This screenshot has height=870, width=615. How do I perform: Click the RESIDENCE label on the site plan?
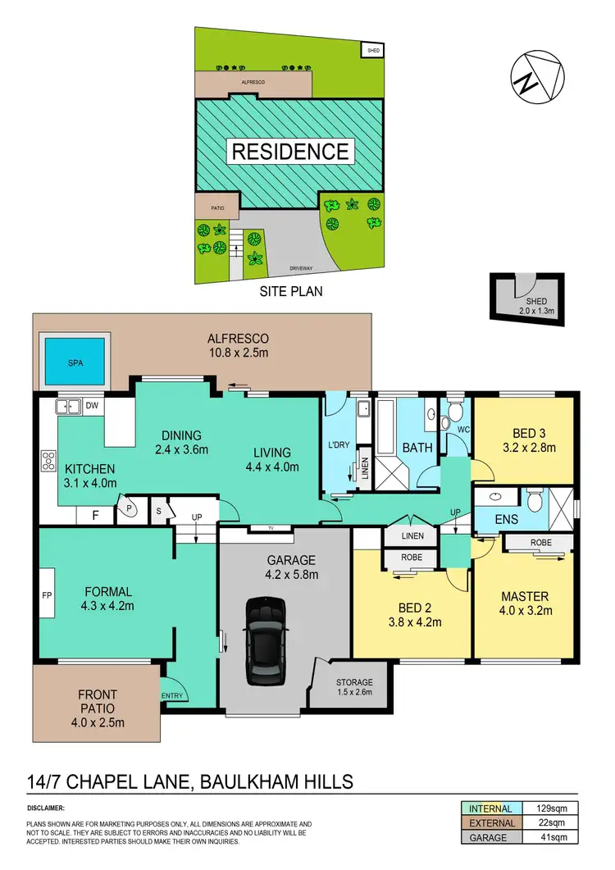click(289, 152)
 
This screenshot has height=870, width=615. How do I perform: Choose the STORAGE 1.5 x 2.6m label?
click(354, 687)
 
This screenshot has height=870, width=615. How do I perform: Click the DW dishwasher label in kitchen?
click(92, 405)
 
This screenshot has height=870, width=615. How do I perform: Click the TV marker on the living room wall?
click(266, 527)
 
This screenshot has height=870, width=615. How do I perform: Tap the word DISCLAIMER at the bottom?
click(49, 809)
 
